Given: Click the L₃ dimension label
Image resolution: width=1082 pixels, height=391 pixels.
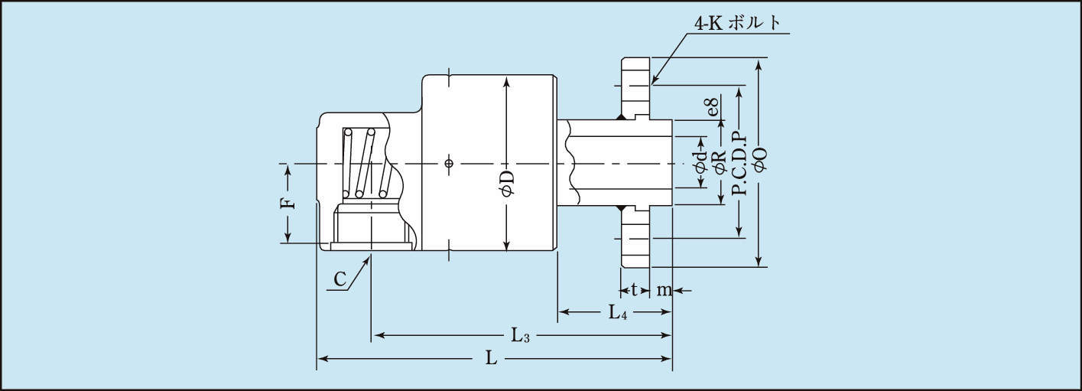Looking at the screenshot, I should (521, 335).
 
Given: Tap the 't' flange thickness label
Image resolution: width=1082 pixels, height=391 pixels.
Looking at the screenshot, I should (634, 290).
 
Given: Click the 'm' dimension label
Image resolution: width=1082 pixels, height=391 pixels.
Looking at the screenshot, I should (663, 290).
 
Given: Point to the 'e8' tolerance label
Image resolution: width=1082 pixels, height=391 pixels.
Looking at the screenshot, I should (712, 107).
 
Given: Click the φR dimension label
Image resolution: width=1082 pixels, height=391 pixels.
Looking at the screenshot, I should (719, 163).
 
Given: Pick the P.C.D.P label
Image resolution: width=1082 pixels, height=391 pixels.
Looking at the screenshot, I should (739, 162).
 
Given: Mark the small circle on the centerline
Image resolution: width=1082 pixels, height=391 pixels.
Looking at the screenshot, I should (449, 163).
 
